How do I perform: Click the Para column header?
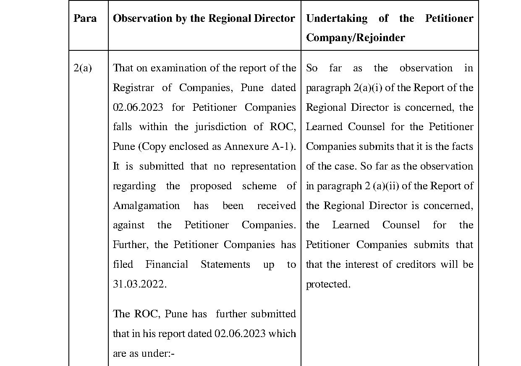85,18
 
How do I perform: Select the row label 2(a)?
82,68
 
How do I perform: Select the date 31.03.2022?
139,284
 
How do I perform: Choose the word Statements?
225,264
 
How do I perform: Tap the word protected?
328,284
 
